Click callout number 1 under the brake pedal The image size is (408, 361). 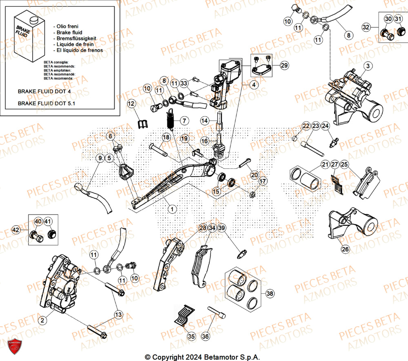tap(173, 209)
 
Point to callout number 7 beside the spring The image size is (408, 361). tap(184, 121)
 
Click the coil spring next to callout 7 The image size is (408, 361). tap(171, 118)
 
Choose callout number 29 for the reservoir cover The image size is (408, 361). tap(284, 65)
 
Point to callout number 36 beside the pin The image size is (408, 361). tap(206, 337)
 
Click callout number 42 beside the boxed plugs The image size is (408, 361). tap(16, 230)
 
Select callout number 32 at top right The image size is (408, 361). tap(366, 27)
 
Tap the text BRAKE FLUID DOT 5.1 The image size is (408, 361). tap(46, 104)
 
